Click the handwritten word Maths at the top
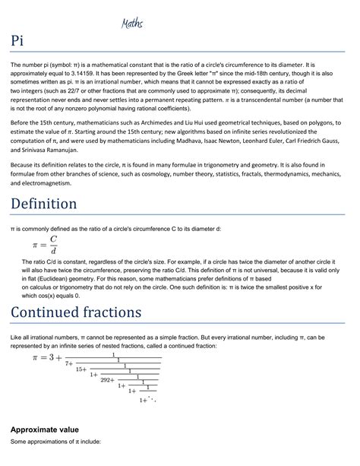133,24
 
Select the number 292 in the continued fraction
107,379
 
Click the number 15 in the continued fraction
81,368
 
